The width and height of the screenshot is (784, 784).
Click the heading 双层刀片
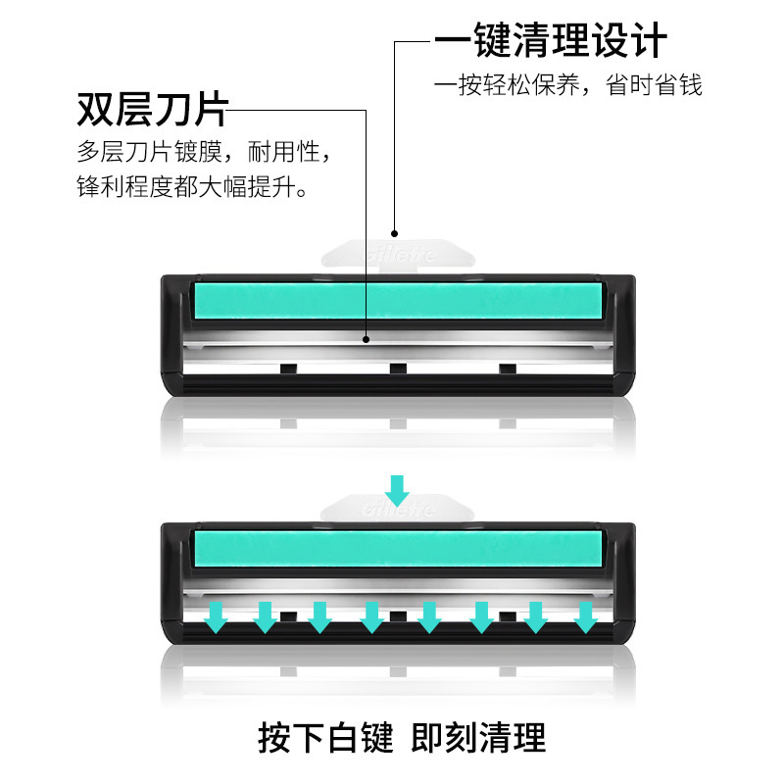tap(152, 110)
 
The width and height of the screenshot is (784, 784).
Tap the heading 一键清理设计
tap(551, 41)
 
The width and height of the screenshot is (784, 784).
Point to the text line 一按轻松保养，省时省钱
tap(568, 85)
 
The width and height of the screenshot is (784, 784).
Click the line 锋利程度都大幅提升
tap(193, 186)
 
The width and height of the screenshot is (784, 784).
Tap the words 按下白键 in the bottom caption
tap(324, 737)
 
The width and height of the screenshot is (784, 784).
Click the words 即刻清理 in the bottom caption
tap(479, 737)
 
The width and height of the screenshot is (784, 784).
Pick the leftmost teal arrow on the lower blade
tap(215, 615)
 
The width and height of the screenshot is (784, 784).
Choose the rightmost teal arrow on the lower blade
tap(585, 615)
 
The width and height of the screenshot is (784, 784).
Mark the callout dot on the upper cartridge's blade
tap(366, 340)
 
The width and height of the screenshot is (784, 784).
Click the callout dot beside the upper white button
tap(395, 233)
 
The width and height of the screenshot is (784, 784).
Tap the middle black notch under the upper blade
tap(397, 368)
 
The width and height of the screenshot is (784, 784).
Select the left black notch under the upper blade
tap(287, 368)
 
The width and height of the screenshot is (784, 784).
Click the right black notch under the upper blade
tap(507, 368)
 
